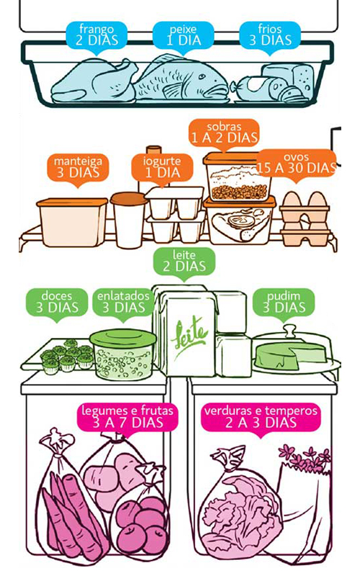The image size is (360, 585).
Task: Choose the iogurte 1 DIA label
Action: pos(156,167)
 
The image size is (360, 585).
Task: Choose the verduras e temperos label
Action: pos(261,416)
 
